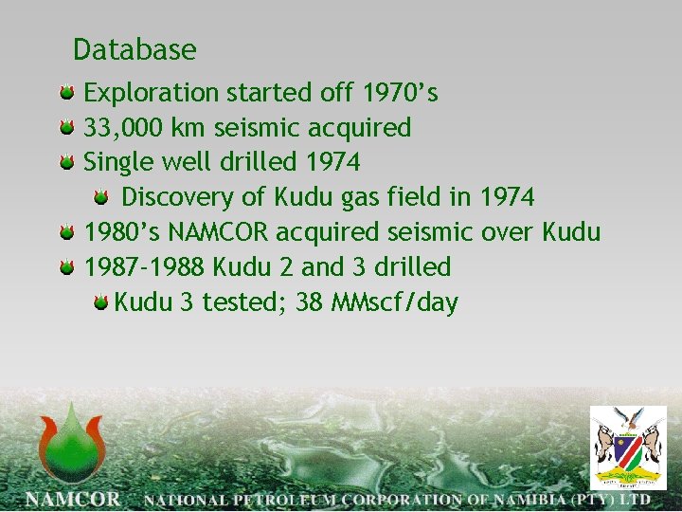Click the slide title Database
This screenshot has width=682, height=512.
[135, 49]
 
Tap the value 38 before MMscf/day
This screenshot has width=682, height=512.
[310, 302]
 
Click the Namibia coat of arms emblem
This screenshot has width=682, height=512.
[628, 447]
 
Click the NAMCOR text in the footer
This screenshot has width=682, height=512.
[74, 499]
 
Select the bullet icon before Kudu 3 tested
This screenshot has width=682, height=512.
[100, 303]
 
